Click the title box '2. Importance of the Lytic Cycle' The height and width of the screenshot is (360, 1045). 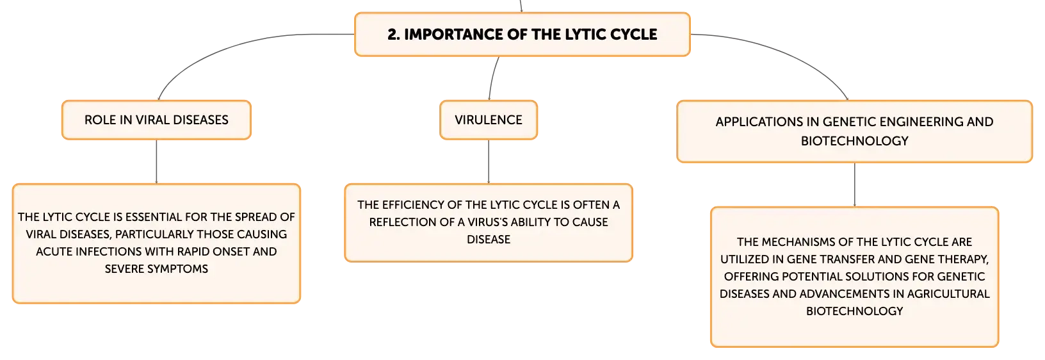tap(522, 35)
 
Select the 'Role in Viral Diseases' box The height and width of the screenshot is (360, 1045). tap(156, 120)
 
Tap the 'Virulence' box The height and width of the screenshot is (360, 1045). tap(489, 120)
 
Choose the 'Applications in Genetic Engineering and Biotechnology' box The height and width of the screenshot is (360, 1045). tap(854, 131)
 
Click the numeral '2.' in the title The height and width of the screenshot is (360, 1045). tap(393, 35)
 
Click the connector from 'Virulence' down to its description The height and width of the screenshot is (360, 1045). tap(489, 161)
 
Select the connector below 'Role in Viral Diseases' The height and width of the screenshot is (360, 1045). tap(156, 161)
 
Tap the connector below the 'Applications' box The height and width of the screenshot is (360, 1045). tap(855, 184)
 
